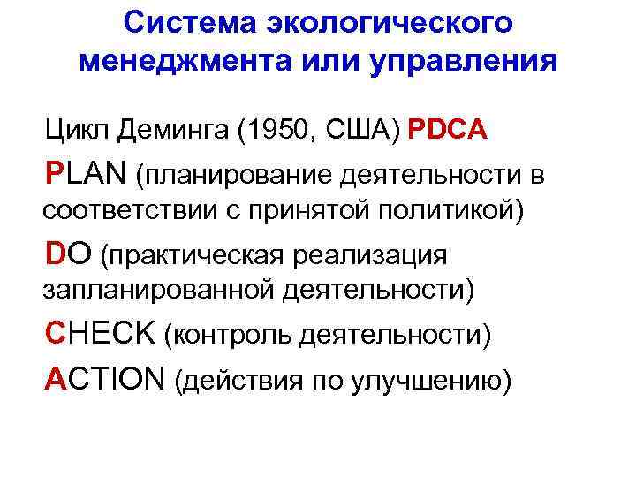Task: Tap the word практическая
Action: [192, 256]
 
